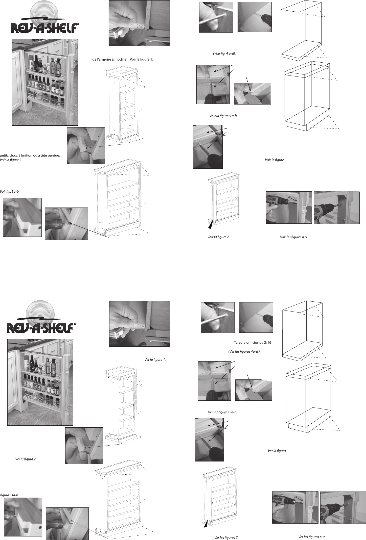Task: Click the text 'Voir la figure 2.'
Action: (x=11, y=160)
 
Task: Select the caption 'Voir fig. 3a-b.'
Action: (x=10, y=191)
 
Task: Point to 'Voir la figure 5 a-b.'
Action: (x=223, y=116)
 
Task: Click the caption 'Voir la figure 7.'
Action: (x=218, y=237)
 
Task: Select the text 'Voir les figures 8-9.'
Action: (x=294, y=237)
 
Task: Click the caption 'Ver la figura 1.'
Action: (x=155, y=359)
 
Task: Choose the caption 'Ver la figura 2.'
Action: (x=26, y=459)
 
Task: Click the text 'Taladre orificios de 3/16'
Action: (x=250, y=343)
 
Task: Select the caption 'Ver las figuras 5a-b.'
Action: (x=222, y=412)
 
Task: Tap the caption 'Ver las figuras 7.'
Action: (x=226, y=537)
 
